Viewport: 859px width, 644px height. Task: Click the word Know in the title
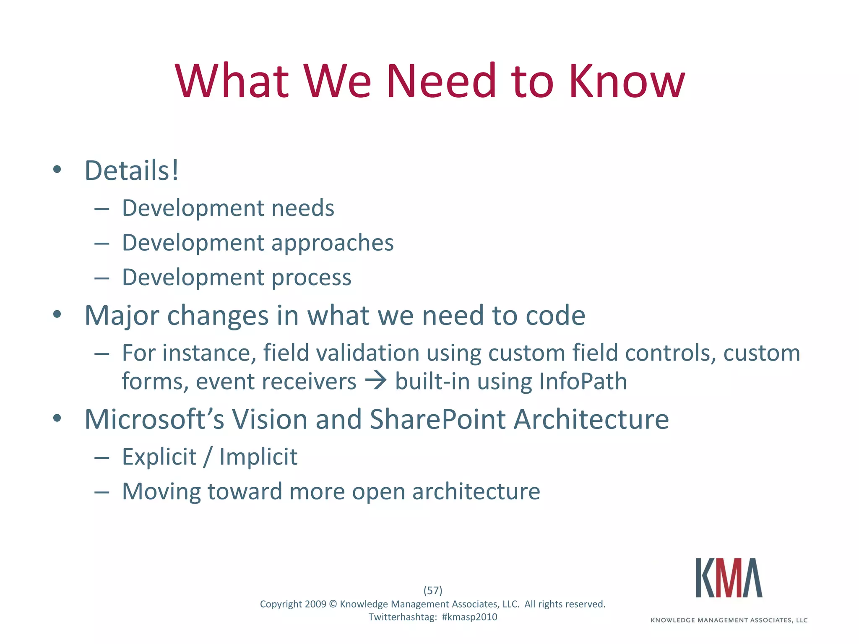pyautogui.click(x=627, y=80)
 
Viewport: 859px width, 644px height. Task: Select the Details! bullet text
pyautogui.click(x=132, y=171)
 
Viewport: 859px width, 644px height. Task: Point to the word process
pyautogui.click(x=311, y=278)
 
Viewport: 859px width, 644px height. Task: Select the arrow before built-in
pyautogui.click(x=375, y=381)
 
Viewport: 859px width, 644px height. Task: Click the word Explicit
pyautogui.click(x=159, y=457)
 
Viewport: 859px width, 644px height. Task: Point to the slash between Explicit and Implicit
pyautogui.click(x=208, y=457)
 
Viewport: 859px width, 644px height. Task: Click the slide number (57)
pyautogui.click(x=432, y=590)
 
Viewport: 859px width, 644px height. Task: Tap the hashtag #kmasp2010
pyautogui.click(x=469, y=617)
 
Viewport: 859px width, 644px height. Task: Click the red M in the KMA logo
pyautogui.click(x=729, y=578)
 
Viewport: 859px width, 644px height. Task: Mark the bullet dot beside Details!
pyautogui.click(x=57, y=170)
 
